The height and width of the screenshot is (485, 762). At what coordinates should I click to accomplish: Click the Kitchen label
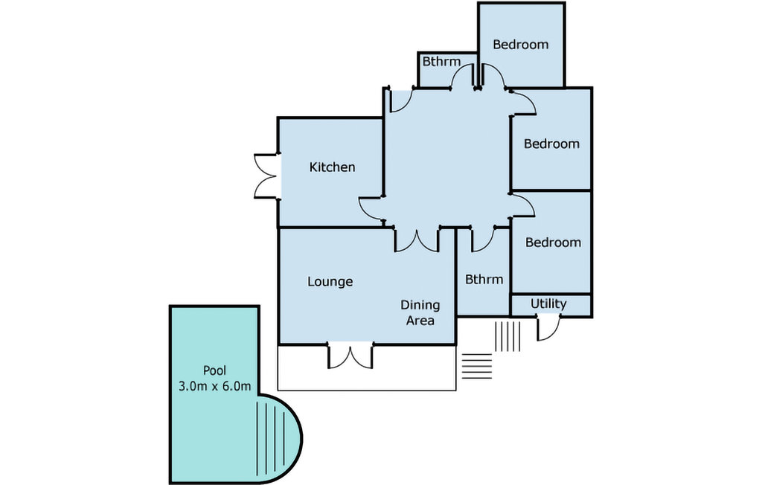point(332,167)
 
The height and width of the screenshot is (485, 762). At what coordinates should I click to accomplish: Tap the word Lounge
point(330,282)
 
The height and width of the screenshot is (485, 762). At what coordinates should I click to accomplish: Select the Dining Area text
point(420,312)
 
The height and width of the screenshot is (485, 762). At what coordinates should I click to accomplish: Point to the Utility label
point(548,304)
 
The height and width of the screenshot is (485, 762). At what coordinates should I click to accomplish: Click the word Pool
point(215,370)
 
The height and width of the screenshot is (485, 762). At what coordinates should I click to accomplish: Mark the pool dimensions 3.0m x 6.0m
point(215,386)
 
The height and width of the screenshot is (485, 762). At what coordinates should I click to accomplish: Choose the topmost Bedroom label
point(520,45)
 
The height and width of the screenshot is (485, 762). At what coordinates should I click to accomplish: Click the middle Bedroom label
point(551,144)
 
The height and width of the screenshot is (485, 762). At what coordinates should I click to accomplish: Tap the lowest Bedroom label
point(553,242)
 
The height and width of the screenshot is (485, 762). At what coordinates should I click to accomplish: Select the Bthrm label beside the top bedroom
point(441,62)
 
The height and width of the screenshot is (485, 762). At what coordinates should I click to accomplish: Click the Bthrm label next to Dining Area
point(484,280)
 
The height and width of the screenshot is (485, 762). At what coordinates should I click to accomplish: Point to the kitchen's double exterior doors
point(266,176)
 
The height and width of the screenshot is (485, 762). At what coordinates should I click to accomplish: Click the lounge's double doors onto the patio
point(350,356)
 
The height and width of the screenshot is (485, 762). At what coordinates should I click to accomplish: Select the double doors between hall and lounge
point(417,240)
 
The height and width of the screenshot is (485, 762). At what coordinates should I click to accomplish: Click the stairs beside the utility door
point(508,335)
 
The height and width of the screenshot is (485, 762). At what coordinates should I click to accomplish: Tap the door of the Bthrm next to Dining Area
point(483,240)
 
